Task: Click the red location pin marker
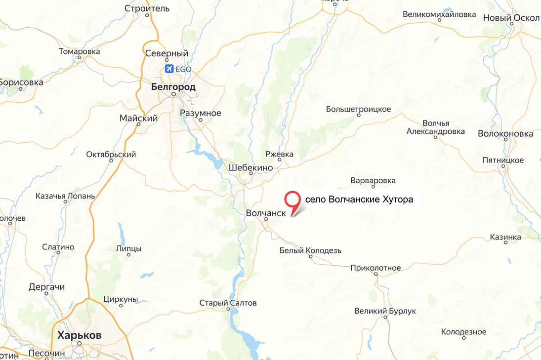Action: pos(293,200)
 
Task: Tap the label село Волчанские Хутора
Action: pos(359,200)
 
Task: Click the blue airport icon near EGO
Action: pos(169,69)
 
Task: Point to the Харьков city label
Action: pos(80,335)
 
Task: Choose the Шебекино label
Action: pos(251,168)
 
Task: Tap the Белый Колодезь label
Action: pos(310,250)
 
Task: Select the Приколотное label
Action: pos(375,268)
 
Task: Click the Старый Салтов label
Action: pos(228,303)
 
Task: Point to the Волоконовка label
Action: pos(505,133)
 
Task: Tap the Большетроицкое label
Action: pos(359,109)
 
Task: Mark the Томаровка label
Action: pos(80,51)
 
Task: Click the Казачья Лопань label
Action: pos(65,196)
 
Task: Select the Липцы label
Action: pos(128,248)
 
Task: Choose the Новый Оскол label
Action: pos(510,18)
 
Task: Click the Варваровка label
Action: pos(373,181)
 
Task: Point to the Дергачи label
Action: pos(46,287)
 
